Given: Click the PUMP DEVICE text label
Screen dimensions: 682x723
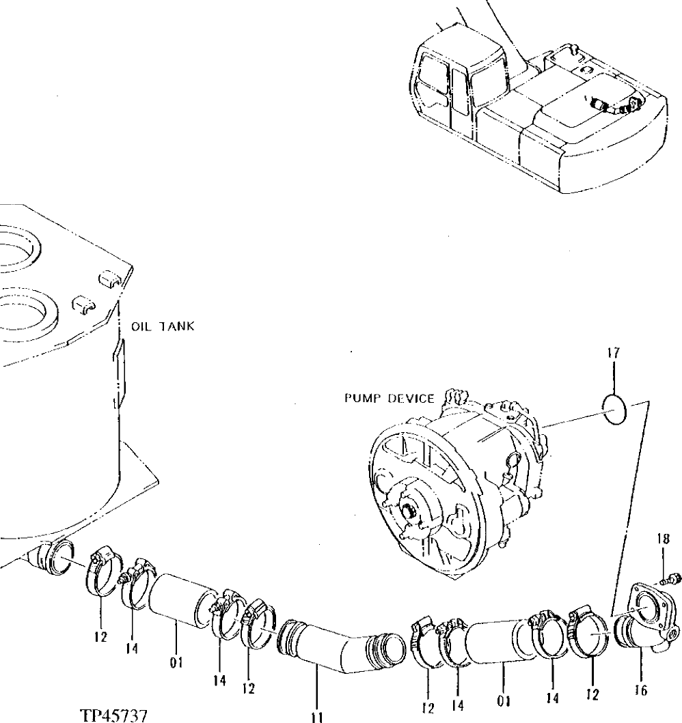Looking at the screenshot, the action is click(x=390, y=398).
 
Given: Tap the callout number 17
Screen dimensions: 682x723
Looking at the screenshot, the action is click(x=613, y=355).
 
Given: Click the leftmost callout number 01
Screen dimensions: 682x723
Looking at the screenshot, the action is click(x=176, y=662).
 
